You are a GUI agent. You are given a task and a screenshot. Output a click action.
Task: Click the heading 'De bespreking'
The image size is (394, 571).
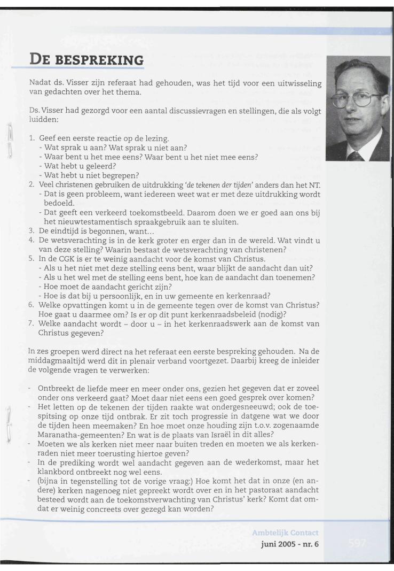tap(77, 56)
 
